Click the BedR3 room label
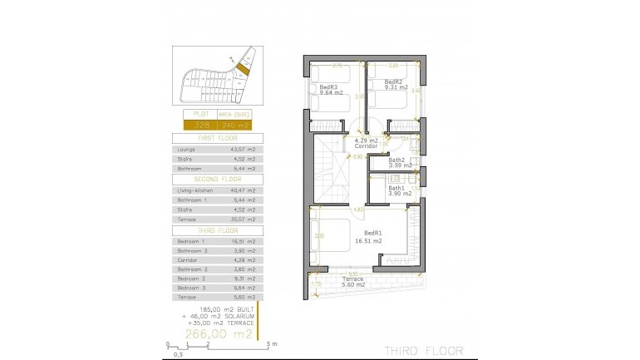[329, 86]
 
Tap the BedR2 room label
[394, 82]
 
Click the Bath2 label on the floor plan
[396, 160]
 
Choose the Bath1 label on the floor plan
[396, 188]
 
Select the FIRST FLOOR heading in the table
[218, 137]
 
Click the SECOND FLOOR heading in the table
[218, 179]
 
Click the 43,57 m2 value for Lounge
[242, 149]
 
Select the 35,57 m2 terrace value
[242, 219]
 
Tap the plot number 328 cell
[202, 126]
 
